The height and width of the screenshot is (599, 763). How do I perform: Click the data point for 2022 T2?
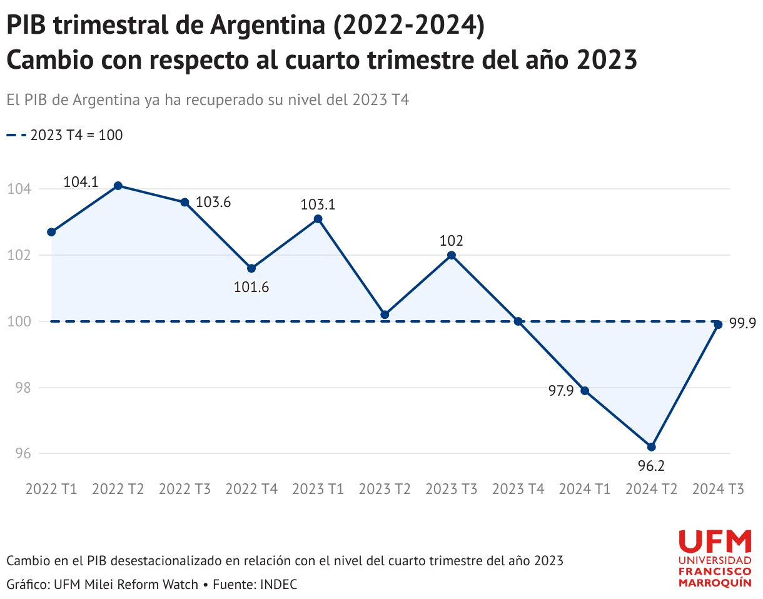118,186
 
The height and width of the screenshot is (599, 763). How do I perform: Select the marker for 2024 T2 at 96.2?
652,446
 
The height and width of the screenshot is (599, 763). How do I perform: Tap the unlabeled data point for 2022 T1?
51,232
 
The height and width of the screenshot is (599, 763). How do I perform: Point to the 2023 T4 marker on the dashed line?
518,321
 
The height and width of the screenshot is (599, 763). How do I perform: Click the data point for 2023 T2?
385,315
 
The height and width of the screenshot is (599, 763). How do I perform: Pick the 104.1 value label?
81,182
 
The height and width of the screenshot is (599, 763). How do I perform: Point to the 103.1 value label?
318,204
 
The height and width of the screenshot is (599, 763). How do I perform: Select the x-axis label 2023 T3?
451,489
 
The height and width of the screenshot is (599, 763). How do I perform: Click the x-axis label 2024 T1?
585,489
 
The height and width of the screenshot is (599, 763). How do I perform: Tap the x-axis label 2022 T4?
251,489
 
